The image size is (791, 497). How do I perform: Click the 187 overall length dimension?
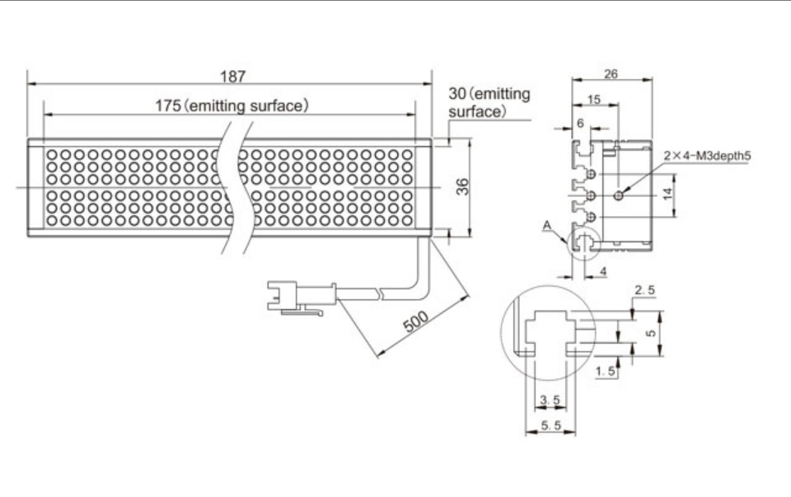(x=232, y=76)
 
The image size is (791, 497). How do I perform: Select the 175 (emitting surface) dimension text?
(x=232, y=105)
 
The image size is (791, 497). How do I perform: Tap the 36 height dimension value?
(x=463, y=187)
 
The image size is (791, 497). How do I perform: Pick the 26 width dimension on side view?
(x=611, y=73)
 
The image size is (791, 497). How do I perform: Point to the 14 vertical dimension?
(x=668, y=195)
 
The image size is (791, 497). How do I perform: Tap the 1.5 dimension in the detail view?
(x=606, y=372)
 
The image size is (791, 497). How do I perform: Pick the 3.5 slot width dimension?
(x=550, y=401)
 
